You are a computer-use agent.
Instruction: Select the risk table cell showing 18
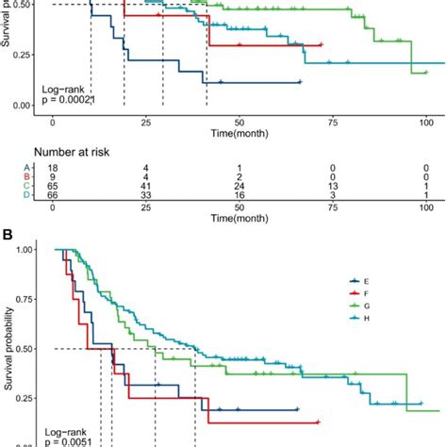pos(53,167)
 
